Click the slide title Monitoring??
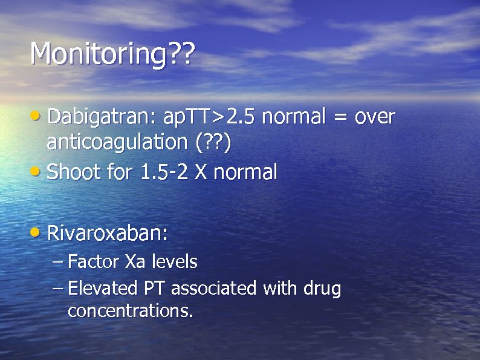(x=112, y=54)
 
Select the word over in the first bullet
(x=374, y=116)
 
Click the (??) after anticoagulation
(x=213, y=143)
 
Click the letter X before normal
(x=202, y=172)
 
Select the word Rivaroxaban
(x=107, y=232)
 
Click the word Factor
(x=94, y=262)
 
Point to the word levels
(x=174, y=262)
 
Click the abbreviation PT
(x=154, y=289)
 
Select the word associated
(x=215, y=289)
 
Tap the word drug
(x=322, y=289)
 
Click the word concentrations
(x=130, y=311)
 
